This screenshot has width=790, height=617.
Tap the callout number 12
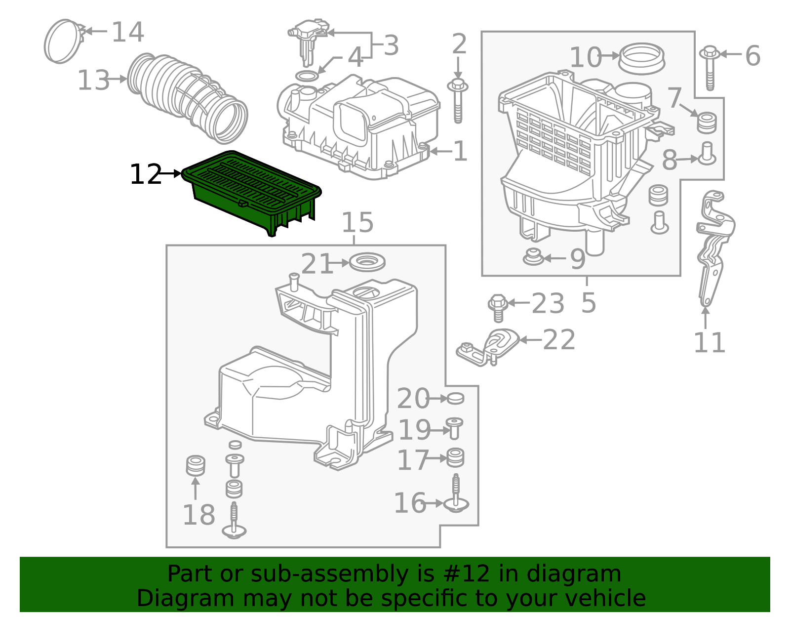tap(145, 174)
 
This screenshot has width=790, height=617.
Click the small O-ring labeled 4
tap(306, 77)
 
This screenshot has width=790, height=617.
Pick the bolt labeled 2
tap(458, 101)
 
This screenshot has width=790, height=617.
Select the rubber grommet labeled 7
tap(707, 123)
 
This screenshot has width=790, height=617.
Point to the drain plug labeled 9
tap(533, 257)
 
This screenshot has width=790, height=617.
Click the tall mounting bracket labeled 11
tap(712, 247)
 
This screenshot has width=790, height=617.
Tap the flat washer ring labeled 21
tap(367, 262)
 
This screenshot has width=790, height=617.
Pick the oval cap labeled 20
tap(455, 398)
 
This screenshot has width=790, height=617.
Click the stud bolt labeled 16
tap(455, 496)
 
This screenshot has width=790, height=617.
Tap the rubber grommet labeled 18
tap(196, 465)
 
